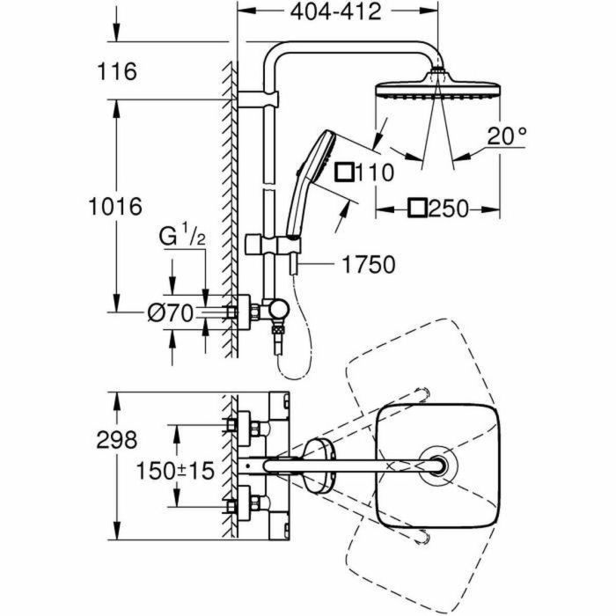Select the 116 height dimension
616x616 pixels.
point(118,71)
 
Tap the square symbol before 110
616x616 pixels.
point(346,171)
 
